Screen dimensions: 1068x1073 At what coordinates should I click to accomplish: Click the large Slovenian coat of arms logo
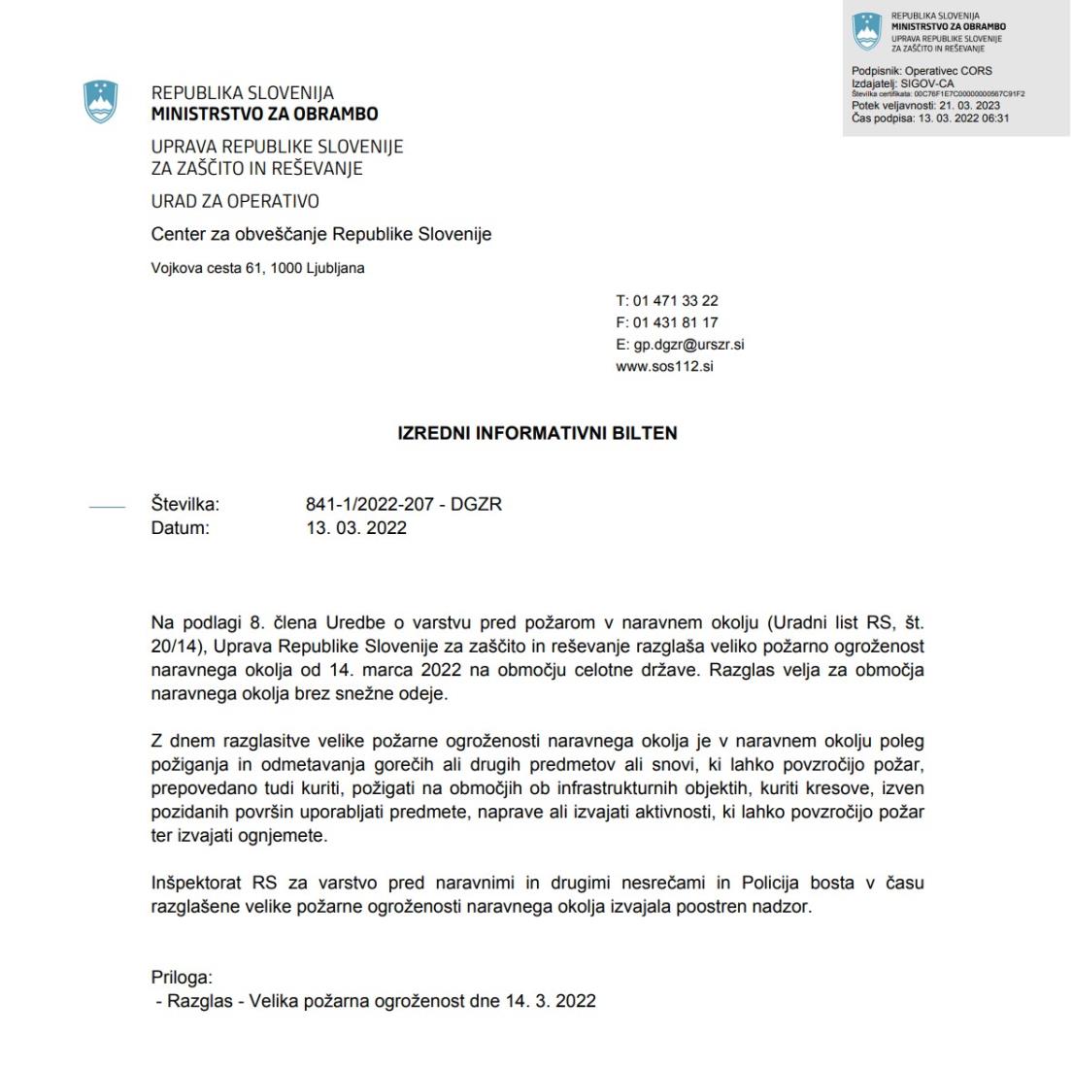[101, 102]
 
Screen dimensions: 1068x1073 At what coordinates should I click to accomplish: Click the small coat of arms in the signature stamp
[865, 32]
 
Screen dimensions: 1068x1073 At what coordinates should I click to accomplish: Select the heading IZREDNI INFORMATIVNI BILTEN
[537, 434]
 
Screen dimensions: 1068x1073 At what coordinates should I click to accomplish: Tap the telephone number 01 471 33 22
[675, 301]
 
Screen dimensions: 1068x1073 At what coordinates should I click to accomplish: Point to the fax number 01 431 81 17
[675, 322]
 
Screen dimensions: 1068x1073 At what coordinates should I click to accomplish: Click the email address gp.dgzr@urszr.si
[688, 345]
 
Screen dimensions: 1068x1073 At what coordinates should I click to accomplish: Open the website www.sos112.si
[664, 367]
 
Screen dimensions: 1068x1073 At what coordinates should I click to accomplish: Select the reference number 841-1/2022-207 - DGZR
[403, 505]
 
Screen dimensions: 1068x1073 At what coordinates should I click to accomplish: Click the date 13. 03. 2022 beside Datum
[356, 528]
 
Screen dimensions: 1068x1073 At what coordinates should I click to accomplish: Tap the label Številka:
[185, 505]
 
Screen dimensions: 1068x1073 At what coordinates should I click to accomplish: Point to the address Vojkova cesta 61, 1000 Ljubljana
[258, 268]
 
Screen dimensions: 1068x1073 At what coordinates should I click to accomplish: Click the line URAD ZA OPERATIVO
[235, 202]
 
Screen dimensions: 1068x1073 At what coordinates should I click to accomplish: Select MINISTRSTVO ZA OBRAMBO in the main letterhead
[264, 114]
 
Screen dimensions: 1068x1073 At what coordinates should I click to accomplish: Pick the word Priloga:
[182, 978]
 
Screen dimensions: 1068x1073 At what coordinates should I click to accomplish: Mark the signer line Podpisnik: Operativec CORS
[922, 71]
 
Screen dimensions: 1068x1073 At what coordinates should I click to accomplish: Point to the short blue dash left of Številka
[107, 506]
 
